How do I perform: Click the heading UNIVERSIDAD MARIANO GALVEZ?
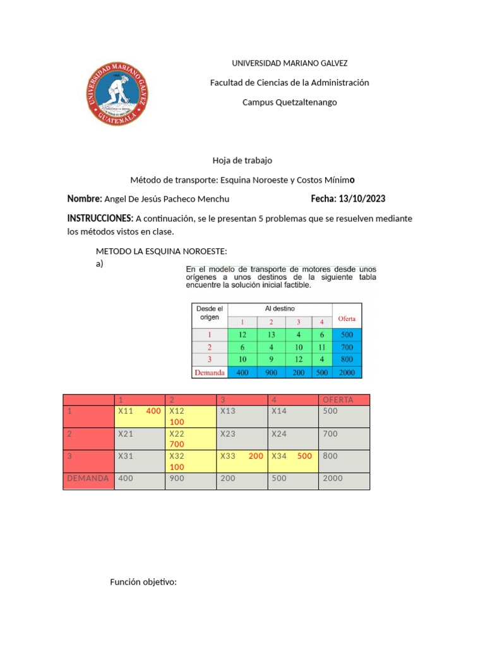click(290, 63)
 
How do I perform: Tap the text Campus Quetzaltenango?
click(290, 102)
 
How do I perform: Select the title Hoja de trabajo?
click(242, 160)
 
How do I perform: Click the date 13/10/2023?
click(363, 199)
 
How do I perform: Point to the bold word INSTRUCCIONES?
click(100, 218)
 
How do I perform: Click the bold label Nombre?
click(85, 199)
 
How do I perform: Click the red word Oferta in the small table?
click(347, 318)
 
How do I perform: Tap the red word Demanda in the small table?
click(210, 372)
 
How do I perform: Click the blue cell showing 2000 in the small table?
click(347, 372)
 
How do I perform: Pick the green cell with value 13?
click(272, 334)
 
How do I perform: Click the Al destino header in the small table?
click(279, 308)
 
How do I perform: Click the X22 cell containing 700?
click(189, 438)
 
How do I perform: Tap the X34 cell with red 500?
click(292, 461)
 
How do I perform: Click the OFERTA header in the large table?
click(344, 399)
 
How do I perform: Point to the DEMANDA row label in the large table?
click(88, 478)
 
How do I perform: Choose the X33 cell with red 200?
click(241, 461)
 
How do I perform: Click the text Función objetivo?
click(143, 581)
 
